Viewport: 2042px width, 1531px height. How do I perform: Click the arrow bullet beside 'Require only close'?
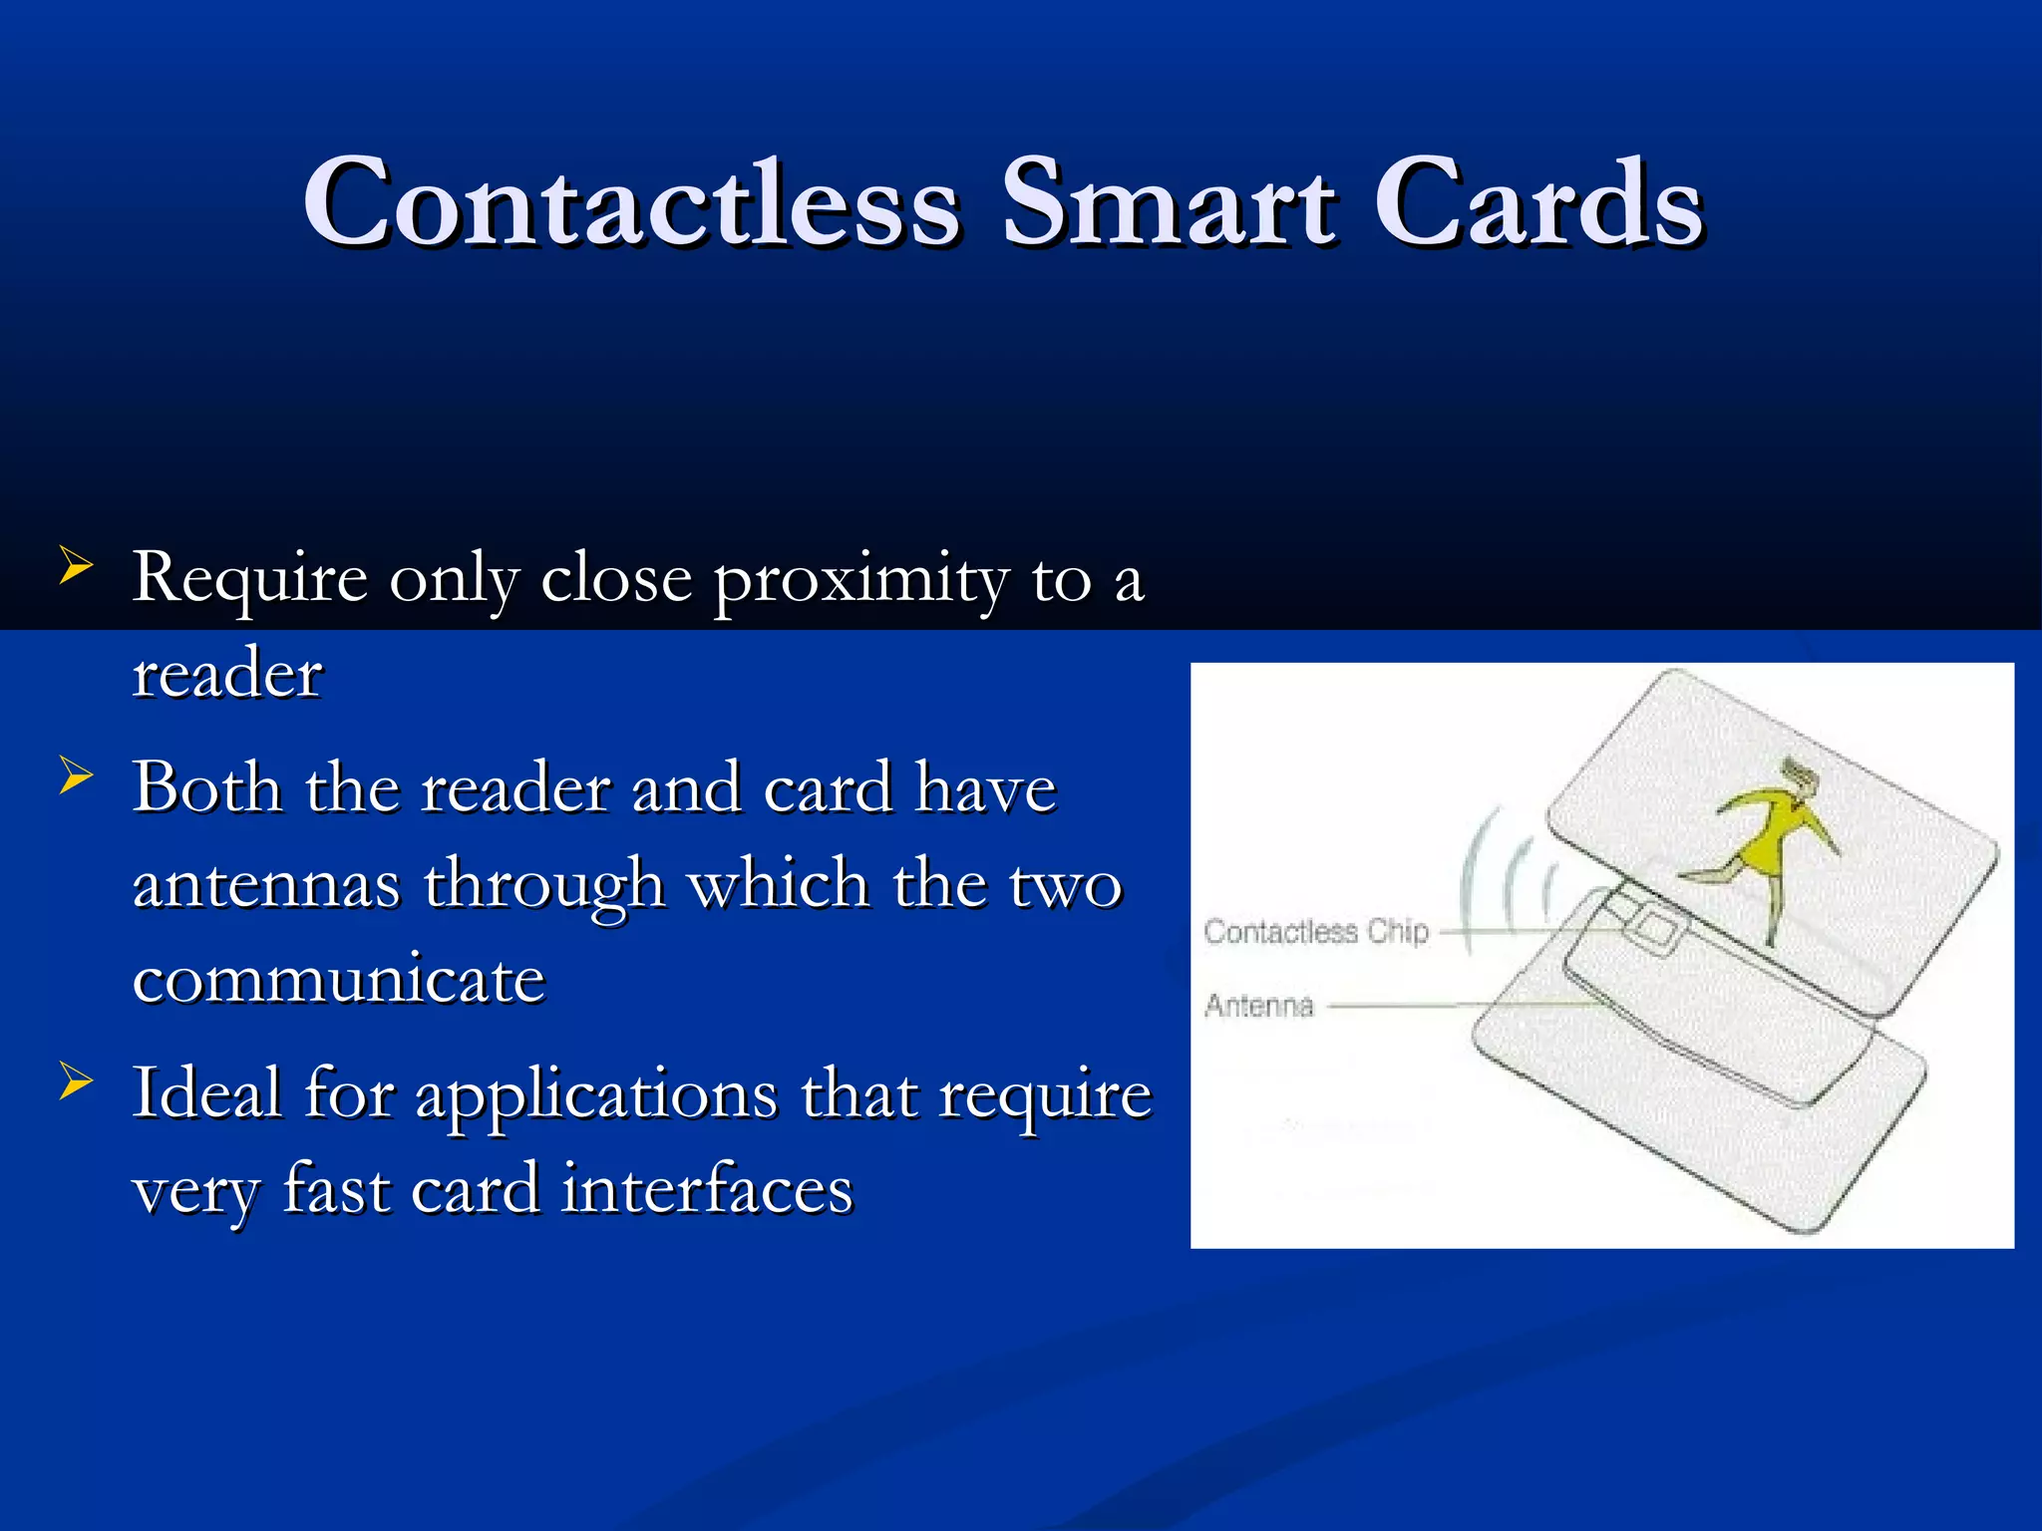tap(76, 565)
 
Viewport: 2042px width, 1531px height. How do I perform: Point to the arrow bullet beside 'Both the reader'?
tap(76, 775)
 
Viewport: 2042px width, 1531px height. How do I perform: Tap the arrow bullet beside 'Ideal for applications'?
tap(76, 1080)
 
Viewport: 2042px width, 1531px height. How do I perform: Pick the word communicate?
tap(339, 979)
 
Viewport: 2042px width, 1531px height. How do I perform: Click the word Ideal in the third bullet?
tap(206, 1093)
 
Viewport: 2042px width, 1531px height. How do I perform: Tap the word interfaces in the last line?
tap(707, 1189)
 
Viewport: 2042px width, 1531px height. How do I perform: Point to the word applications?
tap(595, 1096)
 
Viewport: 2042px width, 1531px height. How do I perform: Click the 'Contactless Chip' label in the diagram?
tap(1316, 932)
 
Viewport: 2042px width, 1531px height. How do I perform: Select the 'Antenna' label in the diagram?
tap(1259, 1006)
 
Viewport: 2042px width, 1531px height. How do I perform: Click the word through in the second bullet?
tap(544, 885)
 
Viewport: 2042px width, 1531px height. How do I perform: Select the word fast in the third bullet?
tap(336, 1189)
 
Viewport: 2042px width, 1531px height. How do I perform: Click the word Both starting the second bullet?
tap(206, 788)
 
